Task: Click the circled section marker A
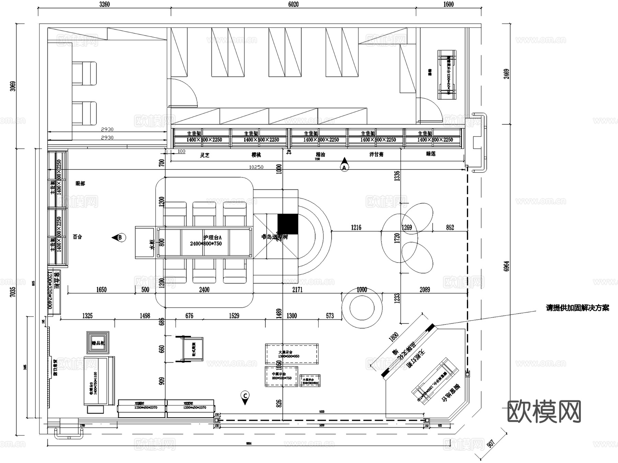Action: click(x=344, y=167)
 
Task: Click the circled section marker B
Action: click(x=120, y=237)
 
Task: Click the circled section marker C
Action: click(x=245, y=396)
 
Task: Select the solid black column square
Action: click(x=288, y=224)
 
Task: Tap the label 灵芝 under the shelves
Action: click(x=205, y=155)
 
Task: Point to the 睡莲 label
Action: click(x=431, y=154)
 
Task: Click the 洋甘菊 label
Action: click(x=376, y=154)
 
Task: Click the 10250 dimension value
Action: click(x=256, y=167)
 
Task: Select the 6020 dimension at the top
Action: click(x=293, y=4)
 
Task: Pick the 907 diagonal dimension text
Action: click(x=491, y=443)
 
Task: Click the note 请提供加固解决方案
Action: click(x=577, y=308)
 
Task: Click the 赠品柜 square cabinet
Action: click(x=98, y=343)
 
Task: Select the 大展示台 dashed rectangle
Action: click(x=291, y=354)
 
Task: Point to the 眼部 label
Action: click(x=80, y=184)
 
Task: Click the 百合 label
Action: click(x=78, y=237)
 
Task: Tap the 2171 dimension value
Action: click(x=297, y=290)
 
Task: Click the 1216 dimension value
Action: click(x=356, y=228)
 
